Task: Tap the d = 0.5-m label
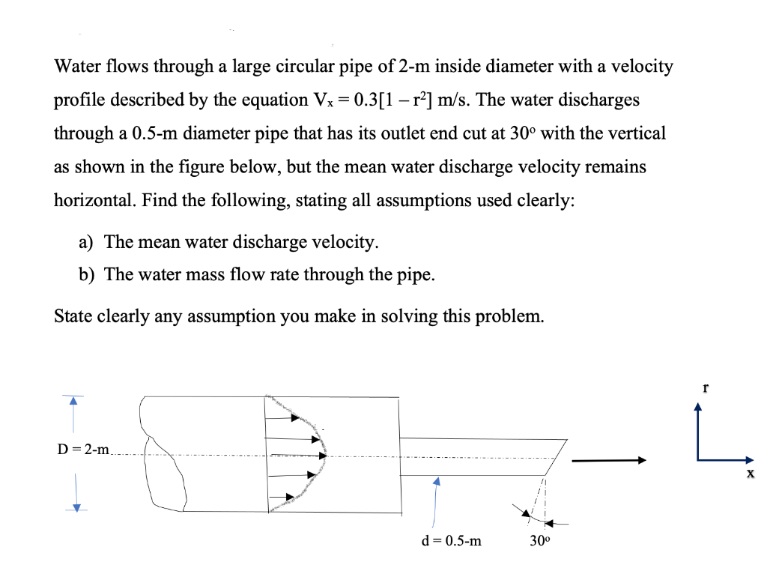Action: pyautogui.click(x=451, y=540)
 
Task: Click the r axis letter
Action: pyautogui.click(x=705, y=388)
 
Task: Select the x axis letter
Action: pyautogui.click(x=750, y=474)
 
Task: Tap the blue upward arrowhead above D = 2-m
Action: pyautogui.click(x=73, y=402)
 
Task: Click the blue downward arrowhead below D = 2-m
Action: pyautogui.click(x=73, y=507)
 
